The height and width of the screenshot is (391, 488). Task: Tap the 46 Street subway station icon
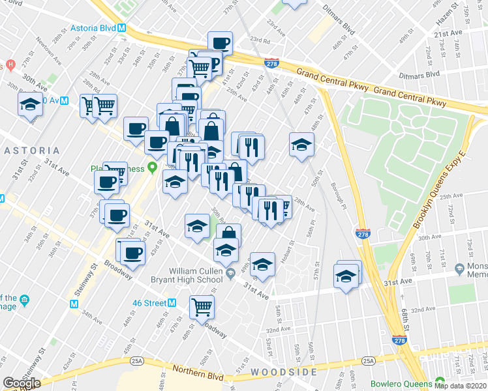coord(172,303)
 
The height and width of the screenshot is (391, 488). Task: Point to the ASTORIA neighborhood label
coord(32,151)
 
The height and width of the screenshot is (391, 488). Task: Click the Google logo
coord(22,383)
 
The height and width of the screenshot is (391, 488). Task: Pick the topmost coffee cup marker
coord(220,43)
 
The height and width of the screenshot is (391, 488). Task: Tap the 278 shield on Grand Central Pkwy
coord(273,64)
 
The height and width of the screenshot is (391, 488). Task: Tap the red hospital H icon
coord(10,66)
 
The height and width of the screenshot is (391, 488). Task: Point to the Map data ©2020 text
coord(460,385)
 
